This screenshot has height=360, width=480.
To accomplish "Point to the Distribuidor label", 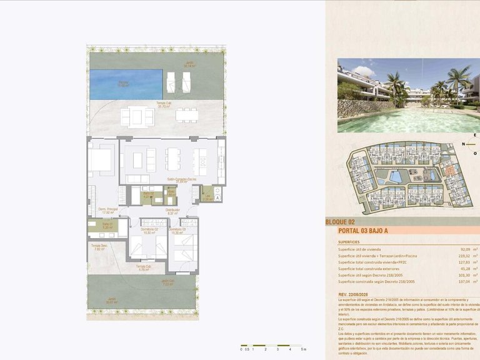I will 173,211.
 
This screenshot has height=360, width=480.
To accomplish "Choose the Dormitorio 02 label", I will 149,231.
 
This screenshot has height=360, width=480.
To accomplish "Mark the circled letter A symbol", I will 217,197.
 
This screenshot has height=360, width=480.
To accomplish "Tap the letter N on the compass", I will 464,144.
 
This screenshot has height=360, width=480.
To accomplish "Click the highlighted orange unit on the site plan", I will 449,171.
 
